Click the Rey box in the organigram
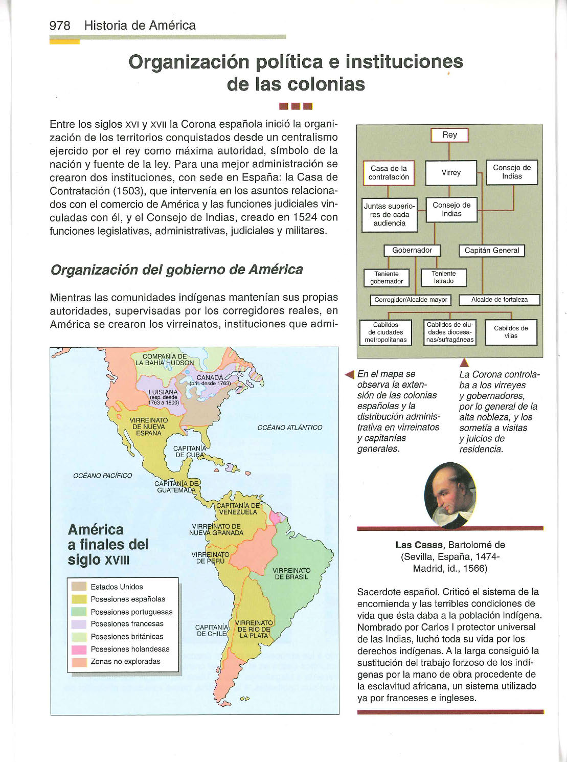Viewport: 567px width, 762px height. (x=449, y=135)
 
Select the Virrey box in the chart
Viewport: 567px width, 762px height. (x=451, y=173)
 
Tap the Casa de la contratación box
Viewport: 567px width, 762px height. (x=389, y=173)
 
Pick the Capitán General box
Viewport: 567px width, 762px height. (x=492, y=251)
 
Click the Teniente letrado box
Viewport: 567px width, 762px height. (x=444, y=278)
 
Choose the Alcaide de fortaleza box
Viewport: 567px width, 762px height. (x=500, y=300)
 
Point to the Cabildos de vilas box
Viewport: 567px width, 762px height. (x=511, y=332)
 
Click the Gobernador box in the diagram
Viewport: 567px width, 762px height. (x=412, y=251)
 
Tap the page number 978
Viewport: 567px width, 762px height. (x=60, y=26)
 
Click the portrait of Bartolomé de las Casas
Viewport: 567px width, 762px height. (x=450, y=495)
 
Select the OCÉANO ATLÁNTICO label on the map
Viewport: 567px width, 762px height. (x=290, y=428)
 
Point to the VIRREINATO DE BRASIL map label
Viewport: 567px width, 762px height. (x=291, y=574)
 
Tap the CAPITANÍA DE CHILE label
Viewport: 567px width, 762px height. (x=212, y=630)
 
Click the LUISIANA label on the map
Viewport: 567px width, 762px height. (x=163, y=392)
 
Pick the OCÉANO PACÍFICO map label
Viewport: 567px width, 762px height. (x=102, y=476)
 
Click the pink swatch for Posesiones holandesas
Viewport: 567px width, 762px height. (x=79, y=649)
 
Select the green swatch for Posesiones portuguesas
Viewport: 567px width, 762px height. (x=79, y=612)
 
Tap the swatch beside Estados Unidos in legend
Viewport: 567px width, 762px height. (x=79, y=587)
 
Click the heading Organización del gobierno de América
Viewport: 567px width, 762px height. (x=176, y=270)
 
